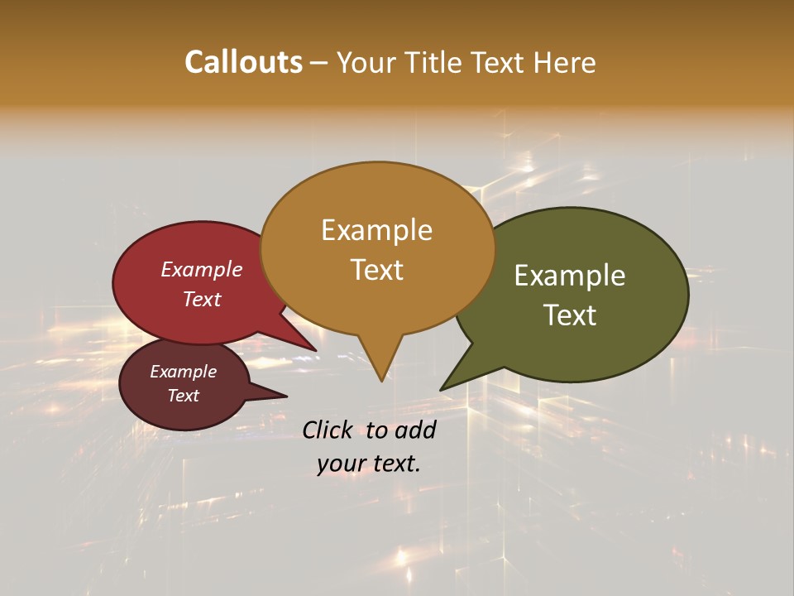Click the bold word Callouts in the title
tap(243, 62)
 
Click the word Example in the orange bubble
tap(376, 230)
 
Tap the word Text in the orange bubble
tap(376, 270)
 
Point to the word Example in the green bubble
tap(570, 276)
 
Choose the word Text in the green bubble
tap(570, 315)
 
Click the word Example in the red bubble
tap(202, 269)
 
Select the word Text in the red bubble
tap(202, 299)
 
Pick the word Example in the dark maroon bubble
tap(184, 372)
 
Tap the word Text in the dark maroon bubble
tap(184, 396)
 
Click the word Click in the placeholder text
tap(329, 430)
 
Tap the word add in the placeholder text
tap(415, 430)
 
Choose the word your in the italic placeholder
tap(340, 464)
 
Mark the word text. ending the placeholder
tap(395, 464)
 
